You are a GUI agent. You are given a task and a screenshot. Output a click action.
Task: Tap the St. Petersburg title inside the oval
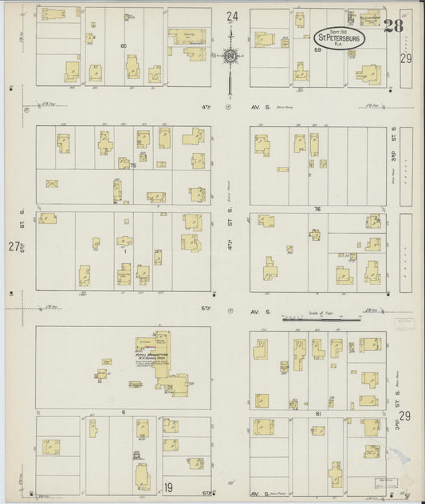click(340, 37)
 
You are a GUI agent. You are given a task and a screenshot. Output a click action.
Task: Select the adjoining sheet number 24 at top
click(231, 17)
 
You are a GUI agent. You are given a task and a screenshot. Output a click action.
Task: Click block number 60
click(124, 46)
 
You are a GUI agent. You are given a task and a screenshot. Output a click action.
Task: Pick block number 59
click(317, 50)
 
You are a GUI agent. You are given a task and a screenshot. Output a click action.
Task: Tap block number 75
click(133, 165)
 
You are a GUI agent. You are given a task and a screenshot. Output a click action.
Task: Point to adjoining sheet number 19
click(168, 487)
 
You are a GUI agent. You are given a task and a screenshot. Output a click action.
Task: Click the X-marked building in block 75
click(53, 184)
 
